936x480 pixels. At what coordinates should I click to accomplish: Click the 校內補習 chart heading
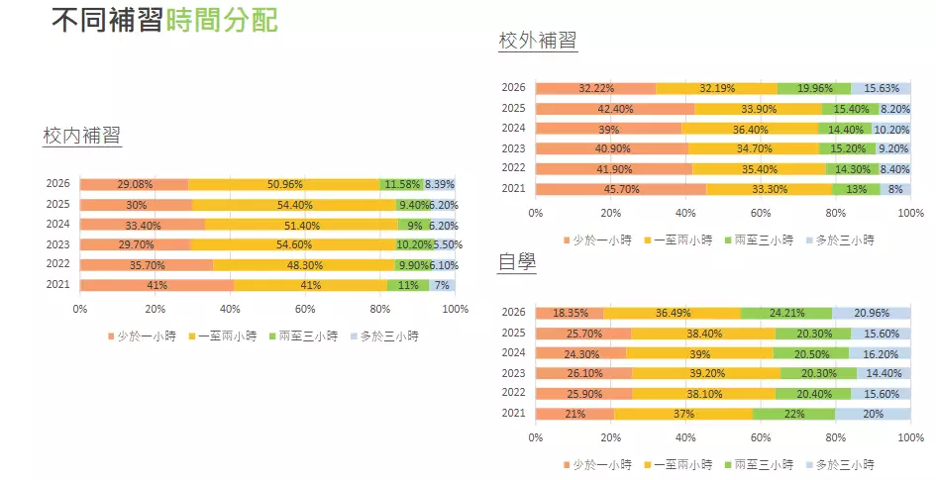82,137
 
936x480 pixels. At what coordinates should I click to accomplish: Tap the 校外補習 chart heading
538,41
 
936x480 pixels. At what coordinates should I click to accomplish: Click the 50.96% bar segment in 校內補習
284,184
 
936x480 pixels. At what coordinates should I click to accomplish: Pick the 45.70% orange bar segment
621,189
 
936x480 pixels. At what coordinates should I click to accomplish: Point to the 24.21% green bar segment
786,314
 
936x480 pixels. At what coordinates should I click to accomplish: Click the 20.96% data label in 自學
871,314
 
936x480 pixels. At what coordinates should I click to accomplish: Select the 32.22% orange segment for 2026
595,89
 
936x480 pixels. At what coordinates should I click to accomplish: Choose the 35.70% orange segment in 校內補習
146,265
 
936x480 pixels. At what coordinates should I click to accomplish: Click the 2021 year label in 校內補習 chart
58,285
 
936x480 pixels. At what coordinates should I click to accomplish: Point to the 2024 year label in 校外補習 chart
513,129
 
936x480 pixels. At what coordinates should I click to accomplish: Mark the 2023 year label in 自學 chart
513,373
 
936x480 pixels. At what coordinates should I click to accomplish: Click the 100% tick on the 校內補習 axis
455,309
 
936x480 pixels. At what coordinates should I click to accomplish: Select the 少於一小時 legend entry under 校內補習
140,336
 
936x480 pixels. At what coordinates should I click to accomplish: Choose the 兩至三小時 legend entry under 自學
764,464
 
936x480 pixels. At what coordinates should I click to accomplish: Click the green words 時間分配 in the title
223,20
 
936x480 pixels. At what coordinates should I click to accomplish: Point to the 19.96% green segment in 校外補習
814,89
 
